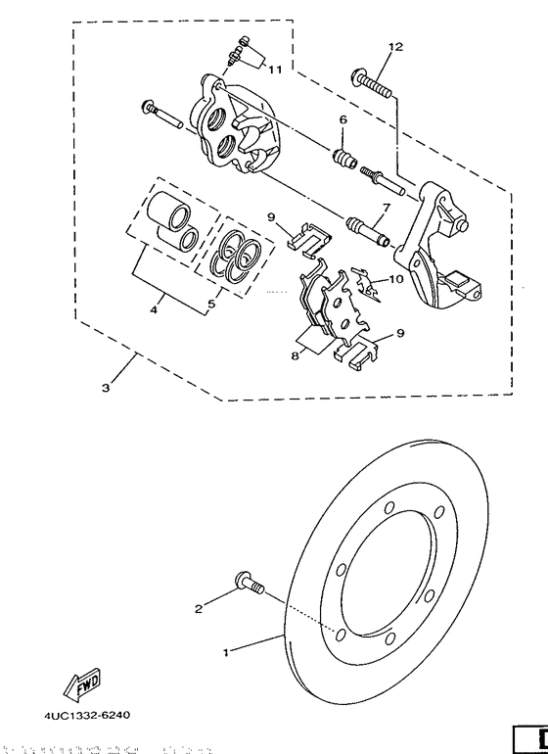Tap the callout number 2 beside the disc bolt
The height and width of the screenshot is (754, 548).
pyautogui.click(x=198, y=608)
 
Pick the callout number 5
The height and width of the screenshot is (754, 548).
pyautogui.click(x=208, y=305)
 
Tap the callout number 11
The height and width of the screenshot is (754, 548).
pyautogui.click(x=275, y=70)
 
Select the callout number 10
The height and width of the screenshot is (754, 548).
pyautogui.click(x=395, y=279)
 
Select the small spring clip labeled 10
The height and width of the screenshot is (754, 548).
pyautogui.click(x=367, y=284)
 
